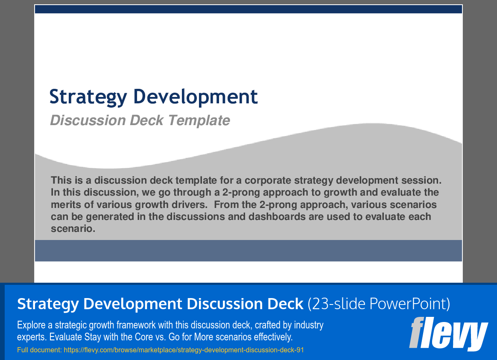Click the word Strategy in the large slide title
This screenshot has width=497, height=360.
[x=88, y=97]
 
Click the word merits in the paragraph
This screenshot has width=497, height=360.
[x=66, y=204]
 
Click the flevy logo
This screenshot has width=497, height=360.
[x=448, y=334]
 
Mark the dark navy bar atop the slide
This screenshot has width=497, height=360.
[x=248, y=9]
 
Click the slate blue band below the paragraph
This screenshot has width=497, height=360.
[x=248, y=251]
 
